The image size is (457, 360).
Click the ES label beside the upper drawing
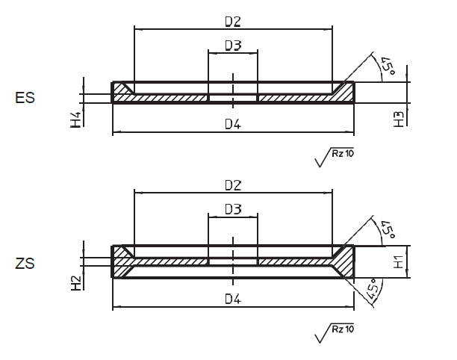[25, 99]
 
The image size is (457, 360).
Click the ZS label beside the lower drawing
[25, 263]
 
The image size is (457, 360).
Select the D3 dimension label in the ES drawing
[232, 46]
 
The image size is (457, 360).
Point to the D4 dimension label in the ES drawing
[232, 125]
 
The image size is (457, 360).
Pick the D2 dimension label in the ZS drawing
[232, 184]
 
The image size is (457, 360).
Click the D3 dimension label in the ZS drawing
[232, 210]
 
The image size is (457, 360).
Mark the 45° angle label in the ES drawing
[388, 66]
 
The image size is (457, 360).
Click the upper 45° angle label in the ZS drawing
[388, 230]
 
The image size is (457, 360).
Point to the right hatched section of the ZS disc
[299, 262]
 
